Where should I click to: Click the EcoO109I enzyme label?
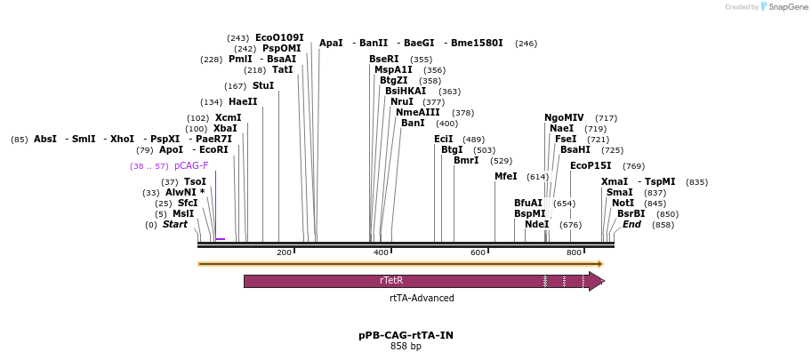tap(279, 37)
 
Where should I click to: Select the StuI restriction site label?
tap(263, 85)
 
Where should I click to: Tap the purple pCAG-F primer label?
tap(191, 165)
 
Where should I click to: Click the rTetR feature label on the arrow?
tap(391, 280)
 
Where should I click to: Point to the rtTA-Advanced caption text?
tap(422, 299)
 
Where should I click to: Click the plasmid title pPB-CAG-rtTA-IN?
tap(406, 335)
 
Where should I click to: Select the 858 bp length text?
tap(406, 347)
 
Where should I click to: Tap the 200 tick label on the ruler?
tap(284, 253)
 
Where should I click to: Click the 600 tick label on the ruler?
tap(478, 253)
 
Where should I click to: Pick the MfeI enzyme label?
tap(505, 176)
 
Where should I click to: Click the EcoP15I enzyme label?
tap(591, 165)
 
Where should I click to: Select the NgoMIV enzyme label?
tap(564, 117)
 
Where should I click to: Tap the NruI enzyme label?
tap(402, 101)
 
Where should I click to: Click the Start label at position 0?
tap(175, 224)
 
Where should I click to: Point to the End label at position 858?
tap(631, 224)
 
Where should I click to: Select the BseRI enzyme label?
tap(384, 59)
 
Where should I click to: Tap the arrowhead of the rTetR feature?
tap(597, 281)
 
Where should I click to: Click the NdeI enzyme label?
tap(537, 224)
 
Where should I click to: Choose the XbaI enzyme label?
tap(225, 128)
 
